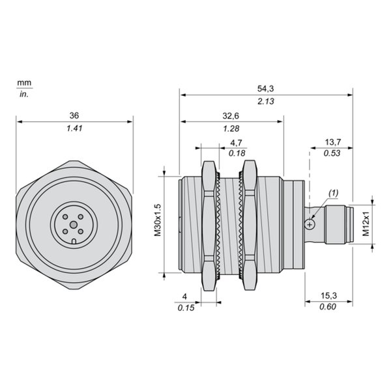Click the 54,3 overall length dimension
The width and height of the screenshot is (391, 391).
pyautogui.click(x=266, y=89)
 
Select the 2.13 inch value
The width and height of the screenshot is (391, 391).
pyautogui.click(x=266, y=101)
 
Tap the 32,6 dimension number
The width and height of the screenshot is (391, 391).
pyautogui.click(x=231, y=116)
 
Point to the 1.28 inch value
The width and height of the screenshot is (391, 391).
pyautogui.click(x=231, y=128)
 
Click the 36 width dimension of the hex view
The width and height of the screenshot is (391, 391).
pyautogui.click(x=74, y=115)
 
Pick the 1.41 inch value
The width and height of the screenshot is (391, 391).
pyautogui.click(x=74, y=128)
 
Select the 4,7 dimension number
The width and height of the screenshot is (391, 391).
pyautogui.click(x=236, y=143)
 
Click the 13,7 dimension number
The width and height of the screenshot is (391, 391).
pyautogui.click(x=332, y=142)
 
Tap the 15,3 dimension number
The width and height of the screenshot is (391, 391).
pyautogui.click(x=328, y=296)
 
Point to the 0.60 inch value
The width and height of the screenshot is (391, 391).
pyautogui.click(x=328, y=307)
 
